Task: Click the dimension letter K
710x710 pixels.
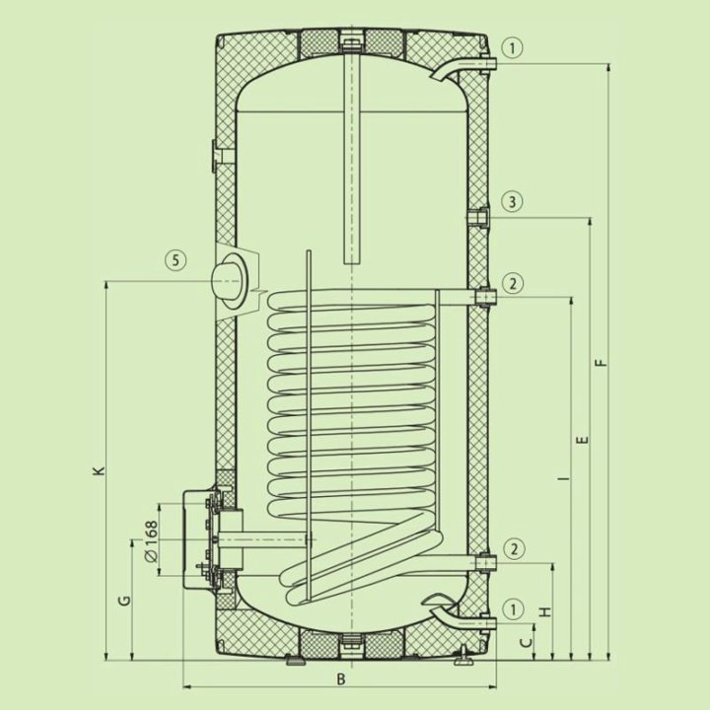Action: (x=101, y=470)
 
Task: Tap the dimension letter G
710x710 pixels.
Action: (x=124, y=601)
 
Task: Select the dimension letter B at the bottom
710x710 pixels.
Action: (x=341, y=678)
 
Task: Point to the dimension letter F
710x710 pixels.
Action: (x=601, y=363)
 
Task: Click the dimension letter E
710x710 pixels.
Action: (x=584, y=440)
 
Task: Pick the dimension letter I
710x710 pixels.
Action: (x=564, y=478)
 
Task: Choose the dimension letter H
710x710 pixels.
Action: (x=546, y=611)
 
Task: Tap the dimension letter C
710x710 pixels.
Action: (x=527, y=643)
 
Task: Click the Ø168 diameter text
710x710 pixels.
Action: (x=152, y=541)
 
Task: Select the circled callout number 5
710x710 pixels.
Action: (x=177, y=260)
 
